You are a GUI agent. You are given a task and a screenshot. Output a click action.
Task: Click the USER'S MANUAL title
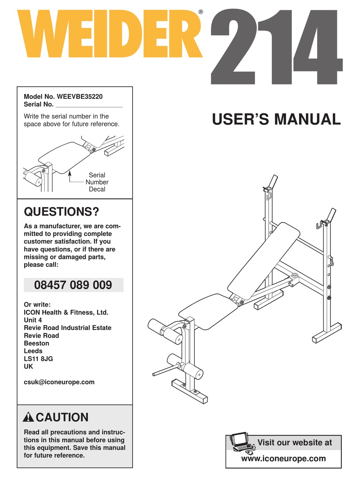pos(276,119)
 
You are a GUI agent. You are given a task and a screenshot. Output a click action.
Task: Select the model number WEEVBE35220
pos(80,97)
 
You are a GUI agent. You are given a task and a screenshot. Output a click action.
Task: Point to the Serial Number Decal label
pos(97,182)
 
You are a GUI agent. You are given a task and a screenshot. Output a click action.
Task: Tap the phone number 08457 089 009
pos(73,285)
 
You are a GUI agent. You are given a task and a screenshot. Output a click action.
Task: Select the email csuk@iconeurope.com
pos(59,382)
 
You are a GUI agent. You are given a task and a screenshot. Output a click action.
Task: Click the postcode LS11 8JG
pos(38,359)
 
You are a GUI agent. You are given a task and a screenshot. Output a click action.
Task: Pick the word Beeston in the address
pos(36,343)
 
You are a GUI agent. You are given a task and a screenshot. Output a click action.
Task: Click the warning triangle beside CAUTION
pos(28,418)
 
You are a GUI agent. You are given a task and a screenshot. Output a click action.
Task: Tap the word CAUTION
pos(62,418)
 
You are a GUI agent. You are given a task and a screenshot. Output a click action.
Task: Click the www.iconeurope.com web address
pos(283,458)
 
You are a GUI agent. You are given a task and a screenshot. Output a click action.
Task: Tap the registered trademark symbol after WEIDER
pos(200,12)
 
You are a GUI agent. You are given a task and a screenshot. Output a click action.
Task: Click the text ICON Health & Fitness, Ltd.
pos(66,312)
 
